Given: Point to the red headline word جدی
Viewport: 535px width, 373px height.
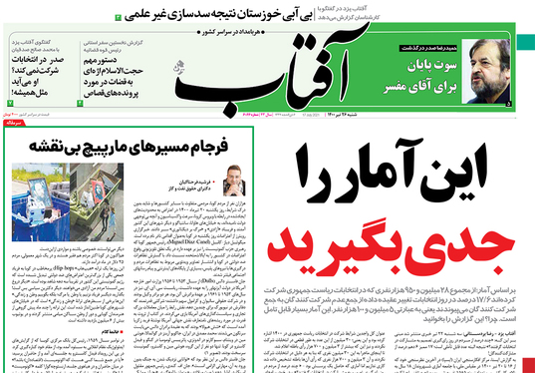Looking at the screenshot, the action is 467,240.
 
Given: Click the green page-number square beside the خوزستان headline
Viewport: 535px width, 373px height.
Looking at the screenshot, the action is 120,18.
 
